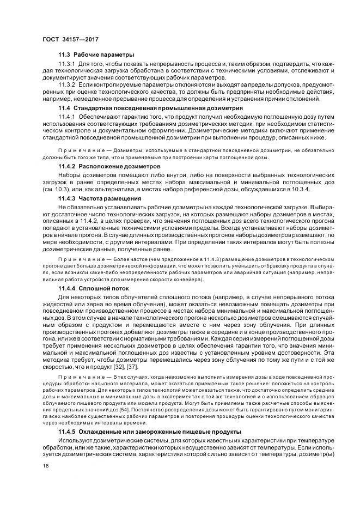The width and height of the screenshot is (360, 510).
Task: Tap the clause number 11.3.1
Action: (67, 64)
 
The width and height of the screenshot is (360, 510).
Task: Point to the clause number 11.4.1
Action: (67, 117)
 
